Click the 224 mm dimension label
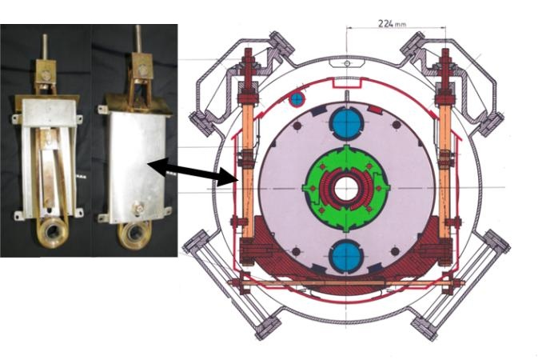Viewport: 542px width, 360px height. click(392, 23)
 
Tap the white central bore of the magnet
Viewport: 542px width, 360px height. click(346, 189)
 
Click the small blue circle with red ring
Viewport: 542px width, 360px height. click(297, 99)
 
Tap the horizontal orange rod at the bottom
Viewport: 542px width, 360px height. click(345, 283)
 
